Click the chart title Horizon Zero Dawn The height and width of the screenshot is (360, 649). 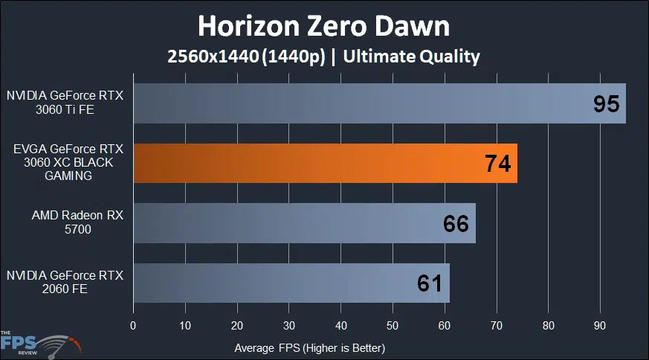[323, 26]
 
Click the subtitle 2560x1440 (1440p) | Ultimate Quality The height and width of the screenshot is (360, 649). [323, 57]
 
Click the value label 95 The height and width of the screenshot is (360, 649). [607, 103]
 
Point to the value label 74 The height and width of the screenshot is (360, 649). [497, 164]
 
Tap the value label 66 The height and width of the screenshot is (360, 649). [456, 223]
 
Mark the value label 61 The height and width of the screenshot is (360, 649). [430, 283]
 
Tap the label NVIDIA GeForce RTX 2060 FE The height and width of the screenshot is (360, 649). [65, 283]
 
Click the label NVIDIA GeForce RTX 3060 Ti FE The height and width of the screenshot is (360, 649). [65, 103]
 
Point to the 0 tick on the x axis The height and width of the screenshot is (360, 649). [133, 325]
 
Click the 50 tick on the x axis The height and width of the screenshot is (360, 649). [393, 325]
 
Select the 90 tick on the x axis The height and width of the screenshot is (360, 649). [601, 325]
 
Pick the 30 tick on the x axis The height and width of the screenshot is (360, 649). [289, 325]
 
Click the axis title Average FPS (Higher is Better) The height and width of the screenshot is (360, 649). [309, 347]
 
